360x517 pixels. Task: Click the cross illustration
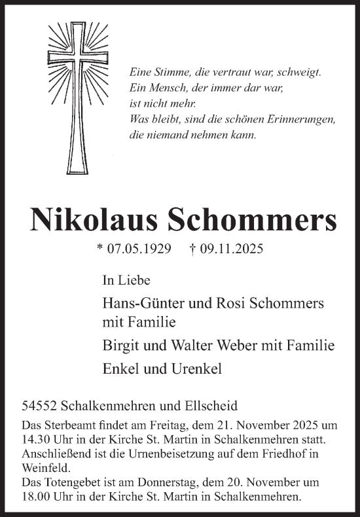pos(77,99)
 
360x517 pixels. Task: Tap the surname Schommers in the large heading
pos(254,222)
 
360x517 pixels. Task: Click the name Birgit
pos(120,345)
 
